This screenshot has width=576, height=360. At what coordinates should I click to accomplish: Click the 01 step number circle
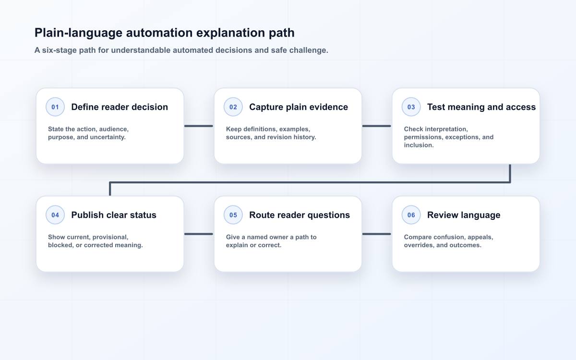point(55,107)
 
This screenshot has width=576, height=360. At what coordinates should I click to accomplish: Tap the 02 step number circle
point(233,107)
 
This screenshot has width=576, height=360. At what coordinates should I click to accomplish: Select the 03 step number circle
point(411,107)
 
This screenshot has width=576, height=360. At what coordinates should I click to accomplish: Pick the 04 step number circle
point(55,215)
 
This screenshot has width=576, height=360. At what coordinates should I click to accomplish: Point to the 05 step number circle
point(233,215)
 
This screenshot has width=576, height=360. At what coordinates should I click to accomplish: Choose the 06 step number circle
point(411,215)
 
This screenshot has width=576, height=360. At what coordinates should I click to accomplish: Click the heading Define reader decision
point(120,107)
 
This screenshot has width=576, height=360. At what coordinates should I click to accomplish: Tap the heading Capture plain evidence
point(299,107)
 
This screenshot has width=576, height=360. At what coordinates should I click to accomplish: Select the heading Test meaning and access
point(481,107)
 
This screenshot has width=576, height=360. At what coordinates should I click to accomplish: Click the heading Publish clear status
point(114,215)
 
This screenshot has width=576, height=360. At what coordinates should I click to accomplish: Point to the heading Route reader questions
point(300,215)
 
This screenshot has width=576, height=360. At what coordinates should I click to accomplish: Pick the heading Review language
point(464,215)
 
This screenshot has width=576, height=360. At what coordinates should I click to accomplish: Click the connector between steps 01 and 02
point(199,126)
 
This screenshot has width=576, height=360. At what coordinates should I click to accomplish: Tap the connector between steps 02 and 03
point(377,126)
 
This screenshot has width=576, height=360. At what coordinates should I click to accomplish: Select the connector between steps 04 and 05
point(199,234)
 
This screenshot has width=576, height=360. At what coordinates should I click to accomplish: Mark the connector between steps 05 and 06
point(377,234)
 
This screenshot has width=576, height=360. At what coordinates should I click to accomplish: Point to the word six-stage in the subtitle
point(59,50)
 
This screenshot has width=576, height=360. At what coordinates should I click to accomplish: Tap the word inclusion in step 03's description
point(419,145)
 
